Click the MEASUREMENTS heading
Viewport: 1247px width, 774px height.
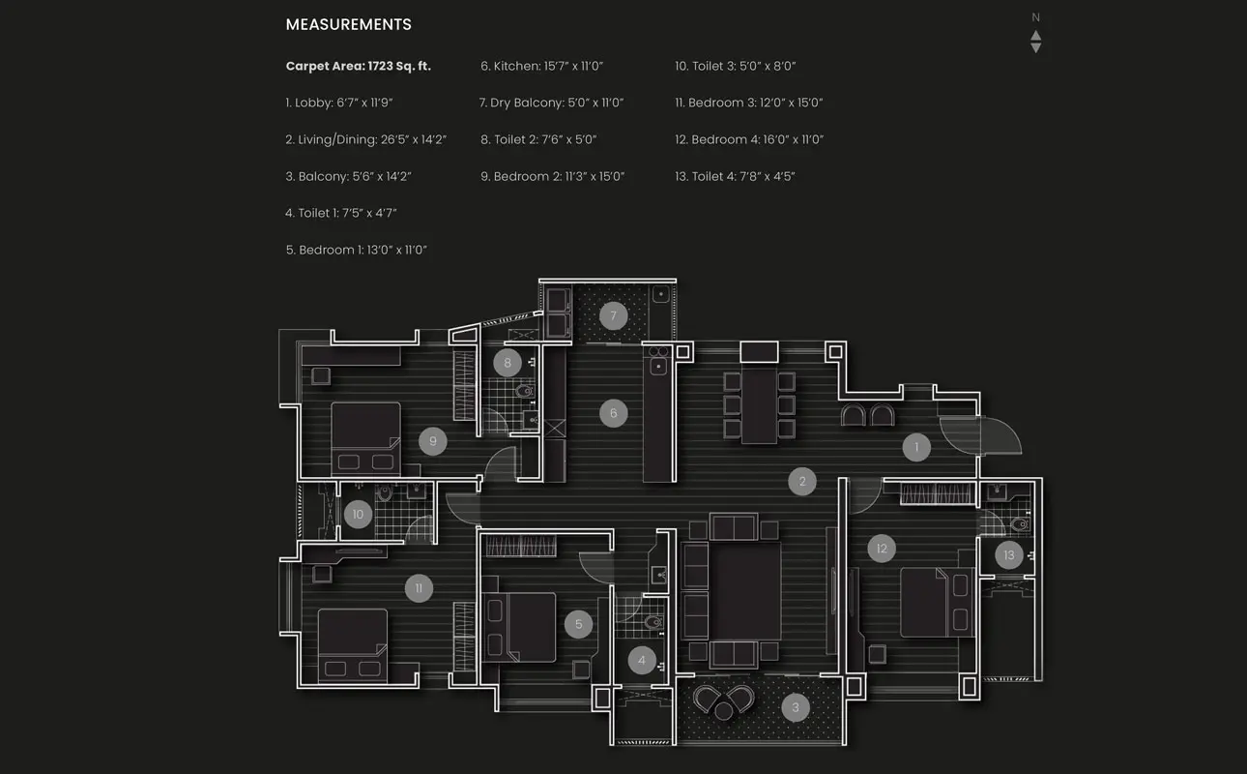point(348,25)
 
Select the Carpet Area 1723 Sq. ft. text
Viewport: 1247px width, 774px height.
point(358,66)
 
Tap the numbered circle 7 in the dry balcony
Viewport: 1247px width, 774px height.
point(613,315)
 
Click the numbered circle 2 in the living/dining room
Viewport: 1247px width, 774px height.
point(801,481)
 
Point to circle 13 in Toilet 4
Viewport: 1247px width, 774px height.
point(1009,555)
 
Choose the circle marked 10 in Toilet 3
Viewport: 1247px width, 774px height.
point(358,515)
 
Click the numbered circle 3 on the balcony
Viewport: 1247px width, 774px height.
point(796,708)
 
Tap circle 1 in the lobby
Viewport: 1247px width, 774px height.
point(916,447)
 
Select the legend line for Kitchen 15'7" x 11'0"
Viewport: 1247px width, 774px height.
point(541,66)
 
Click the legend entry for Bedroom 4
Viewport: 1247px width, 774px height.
point(749,139)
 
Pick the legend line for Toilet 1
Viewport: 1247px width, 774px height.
point(341,213)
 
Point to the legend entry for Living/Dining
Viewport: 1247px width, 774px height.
point(365,139)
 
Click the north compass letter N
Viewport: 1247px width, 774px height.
point(1035,17)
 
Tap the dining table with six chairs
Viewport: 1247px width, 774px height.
point(760,406)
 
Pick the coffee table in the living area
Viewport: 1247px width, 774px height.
point(744,590)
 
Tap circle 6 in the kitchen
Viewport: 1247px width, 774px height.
point(613,413)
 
